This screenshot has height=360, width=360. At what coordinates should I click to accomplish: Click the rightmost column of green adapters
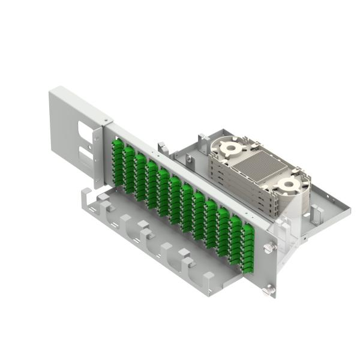[248, 246]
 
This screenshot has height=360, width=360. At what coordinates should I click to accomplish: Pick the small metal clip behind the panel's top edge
[161, 146]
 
